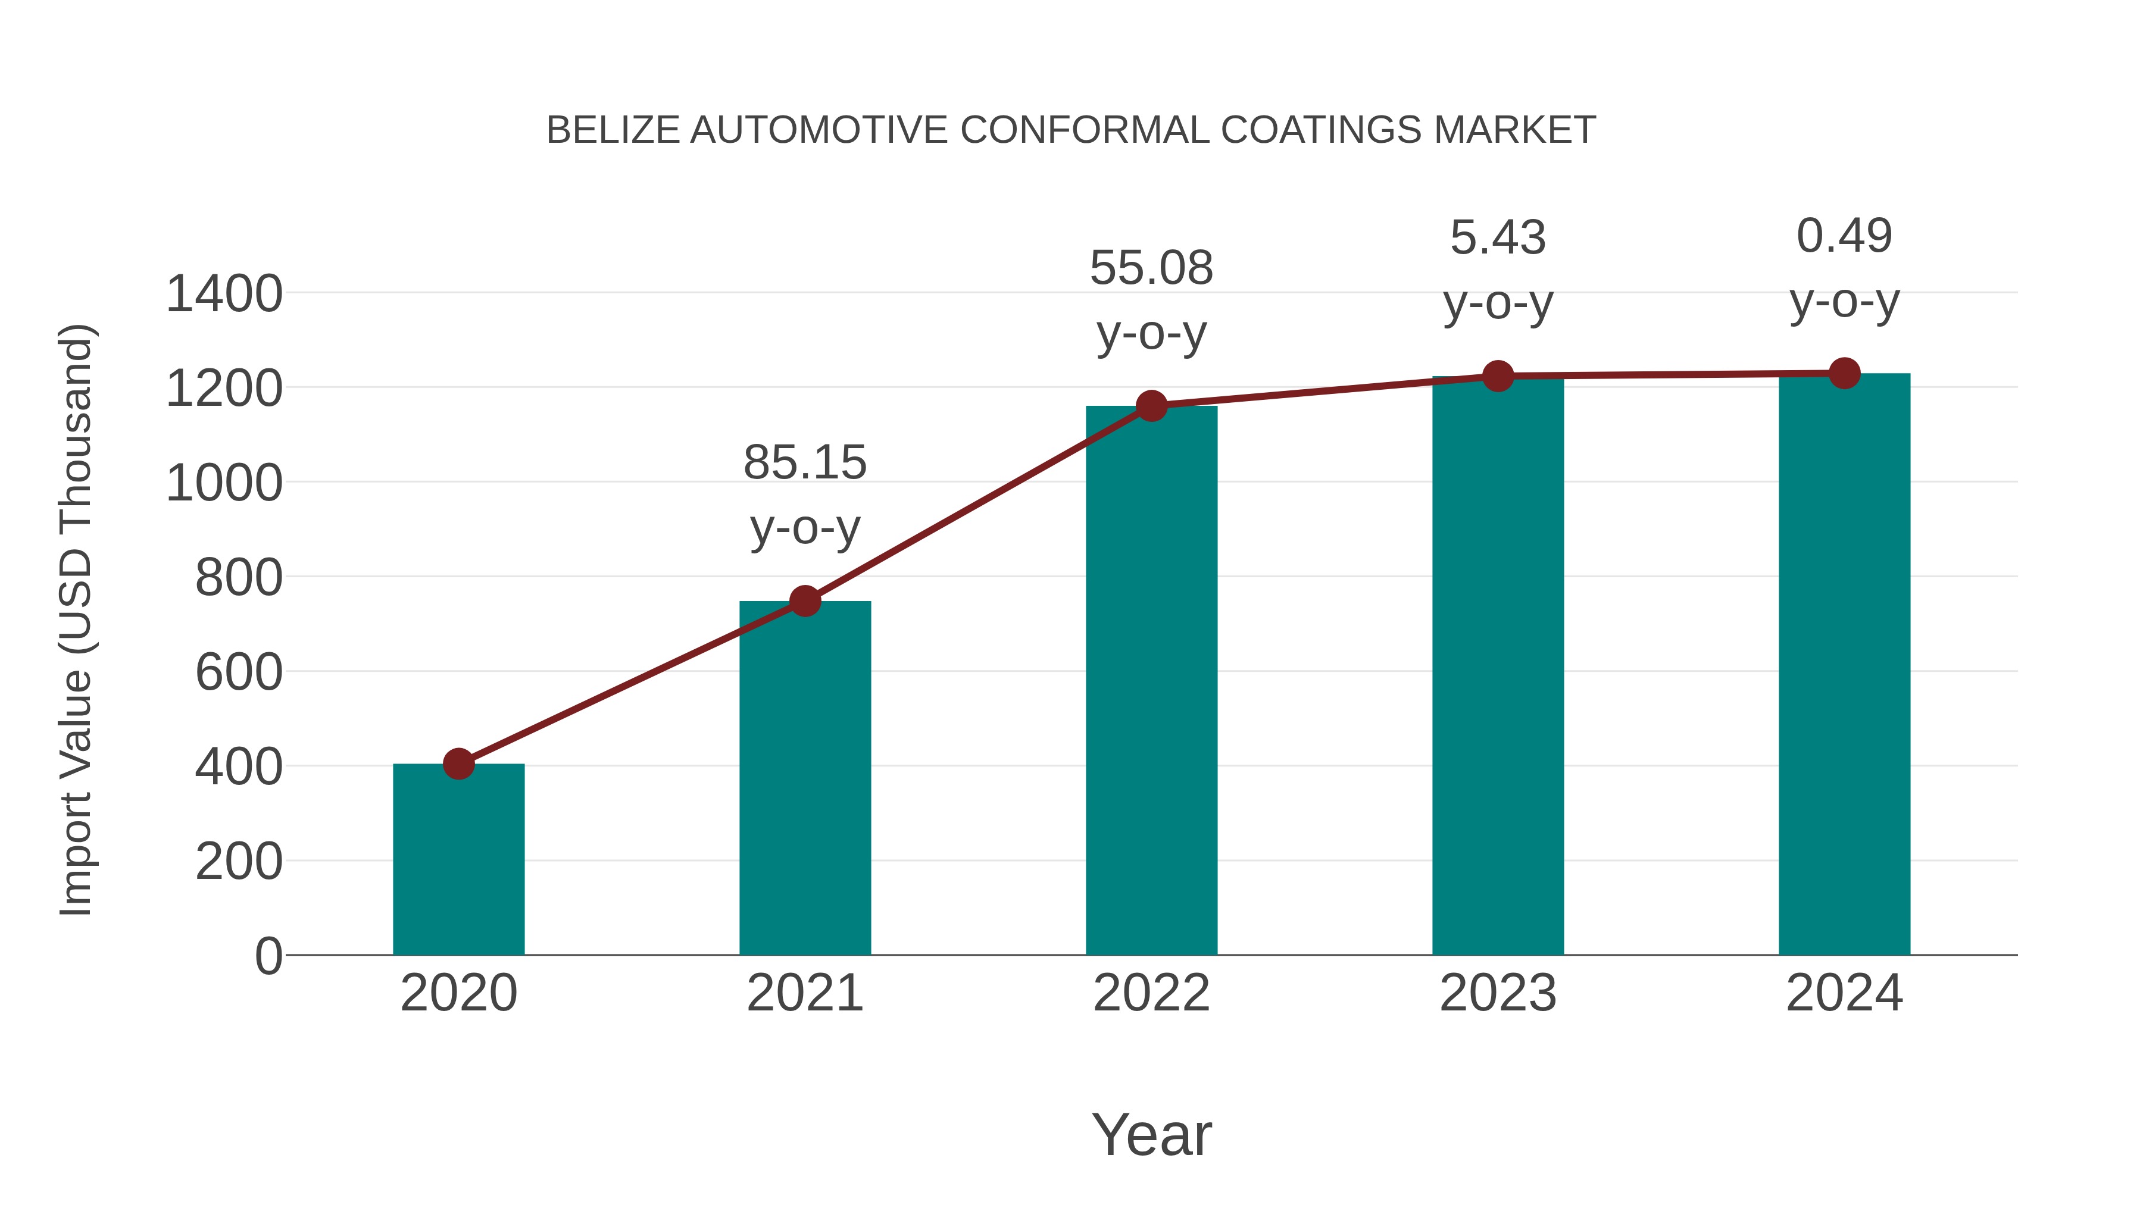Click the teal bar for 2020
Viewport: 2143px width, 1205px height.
click(x=458, y=860)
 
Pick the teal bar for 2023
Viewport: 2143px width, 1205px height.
click(x=1498, y=665)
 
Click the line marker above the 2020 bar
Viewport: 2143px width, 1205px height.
click(x=458, y=763)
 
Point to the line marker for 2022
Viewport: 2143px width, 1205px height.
click(x=1151, y=406)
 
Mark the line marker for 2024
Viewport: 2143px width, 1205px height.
click(x=1844, y=373)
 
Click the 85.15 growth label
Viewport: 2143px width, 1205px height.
click(x=804, y=462)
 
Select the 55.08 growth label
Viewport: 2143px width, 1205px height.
click(x=1151, y=268)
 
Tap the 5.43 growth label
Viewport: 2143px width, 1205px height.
click(x=1498, y=238)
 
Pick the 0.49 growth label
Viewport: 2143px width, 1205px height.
click(x=1844, y=236)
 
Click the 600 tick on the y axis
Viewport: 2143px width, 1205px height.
click(x=238, y=672)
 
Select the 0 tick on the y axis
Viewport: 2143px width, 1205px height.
click(x=268, y=956)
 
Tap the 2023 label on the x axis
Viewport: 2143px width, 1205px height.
click(x=1498, y=993)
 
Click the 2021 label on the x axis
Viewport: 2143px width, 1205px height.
click(x=804, y=993)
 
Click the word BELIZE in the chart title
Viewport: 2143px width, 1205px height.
click(x=613, y=130)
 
